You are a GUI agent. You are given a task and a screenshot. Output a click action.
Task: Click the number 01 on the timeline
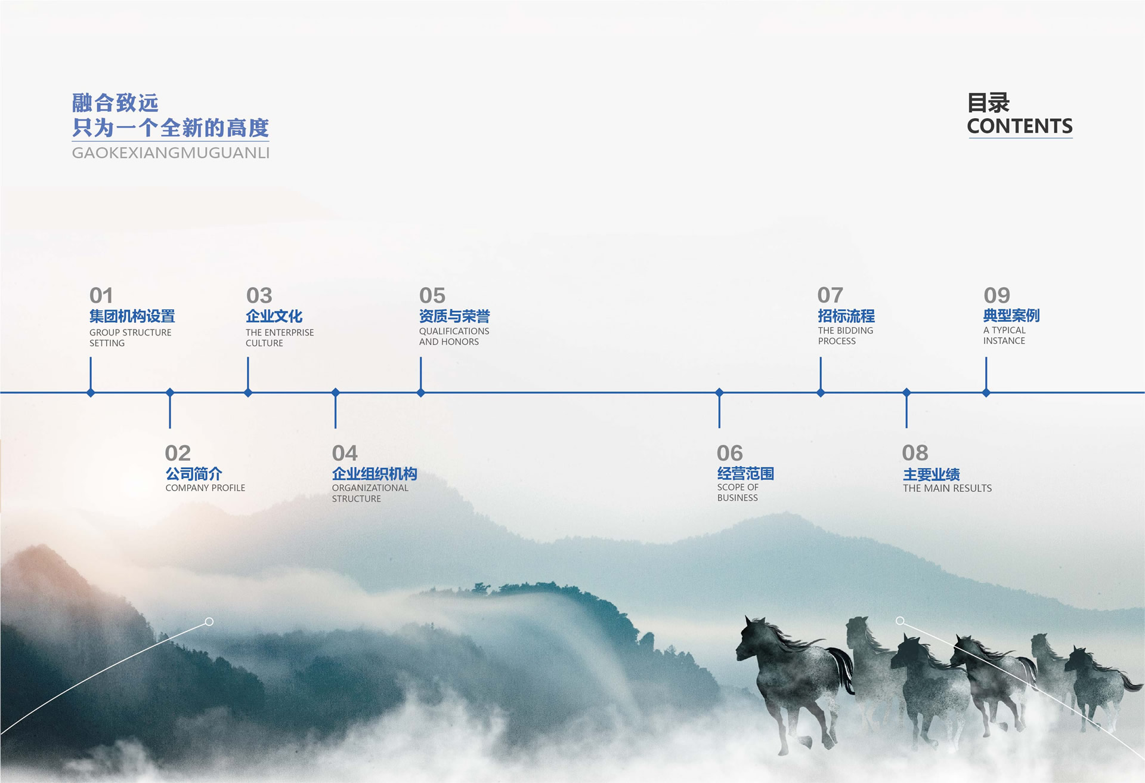[x=101, y=295]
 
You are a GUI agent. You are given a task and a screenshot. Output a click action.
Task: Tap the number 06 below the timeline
[x=729, y=453]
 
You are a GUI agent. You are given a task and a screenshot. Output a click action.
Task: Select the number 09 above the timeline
[x=997, y=295]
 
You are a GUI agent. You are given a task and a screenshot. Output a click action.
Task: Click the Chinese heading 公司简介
[x=194, y=474]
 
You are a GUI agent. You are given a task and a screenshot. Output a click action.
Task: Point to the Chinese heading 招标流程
[x=846, y=316]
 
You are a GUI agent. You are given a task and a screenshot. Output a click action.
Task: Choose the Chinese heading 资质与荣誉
[x=454, y=316]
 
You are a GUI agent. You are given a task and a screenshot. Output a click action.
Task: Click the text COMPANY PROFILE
[x=205, y=488]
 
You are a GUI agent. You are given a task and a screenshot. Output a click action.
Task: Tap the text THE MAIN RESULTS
[x=947, y=488]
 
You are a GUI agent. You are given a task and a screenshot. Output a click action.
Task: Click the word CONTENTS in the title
[x=1020, y=126]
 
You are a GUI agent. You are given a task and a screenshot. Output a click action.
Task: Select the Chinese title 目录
[x=988, y=103]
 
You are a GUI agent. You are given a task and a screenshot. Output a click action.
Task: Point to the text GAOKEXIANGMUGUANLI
[x=171, y=153]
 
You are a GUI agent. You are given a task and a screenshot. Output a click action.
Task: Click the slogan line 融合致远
[x=115, y=103]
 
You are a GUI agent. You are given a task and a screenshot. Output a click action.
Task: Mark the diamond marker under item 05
[x=421, y=393]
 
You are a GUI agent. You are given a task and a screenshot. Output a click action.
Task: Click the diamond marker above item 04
[x=336, y=393]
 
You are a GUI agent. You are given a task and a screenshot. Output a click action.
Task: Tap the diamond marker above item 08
[x=906, y=393]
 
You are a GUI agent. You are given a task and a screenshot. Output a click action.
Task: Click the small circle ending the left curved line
[x=209, y=622]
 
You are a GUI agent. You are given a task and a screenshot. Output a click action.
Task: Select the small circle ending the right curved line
[x=900, y=621]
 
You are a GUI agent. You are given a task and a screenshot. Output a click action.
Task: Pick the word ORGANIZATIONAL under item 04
[x=370, y=488]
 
